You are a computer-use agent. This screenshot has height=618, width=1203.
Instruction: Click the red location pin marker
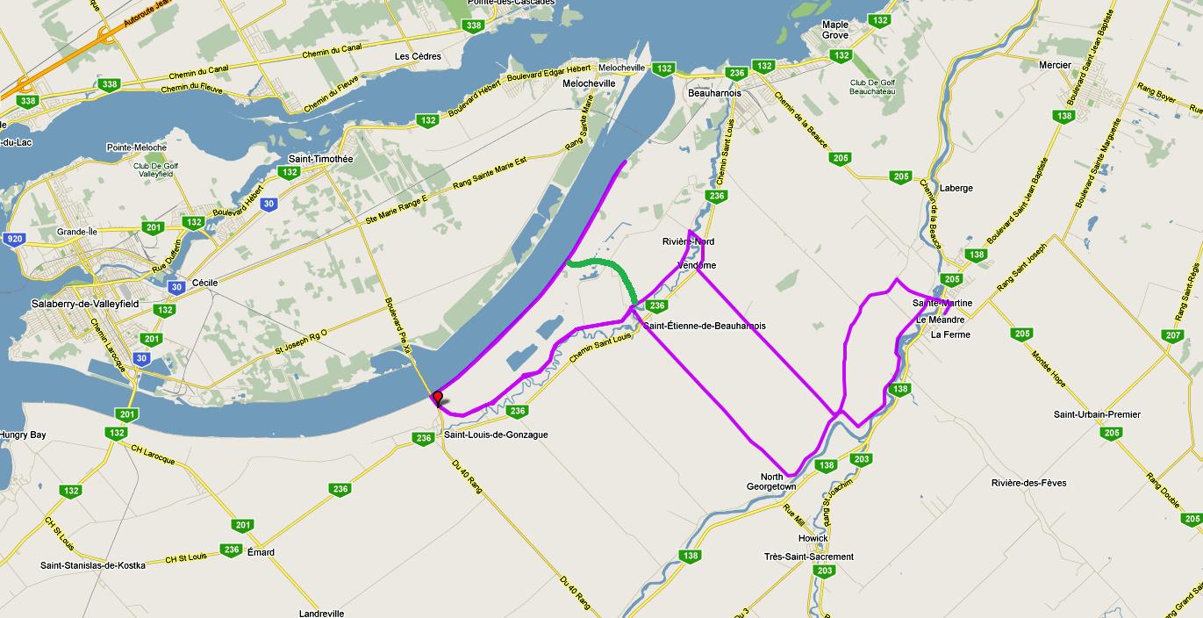[437, 398]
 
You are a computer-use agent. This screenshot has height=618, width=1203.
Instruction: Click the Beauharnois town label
[715, 92]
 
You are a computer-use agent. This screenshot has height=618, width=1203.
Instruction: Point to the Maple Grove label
[834, 30]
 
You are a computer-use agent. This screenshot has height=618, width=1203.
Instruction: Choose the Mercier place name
[1054, 65]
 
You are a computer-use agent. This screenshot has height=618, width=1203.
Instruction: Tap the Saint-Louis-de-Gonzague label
[496, 435]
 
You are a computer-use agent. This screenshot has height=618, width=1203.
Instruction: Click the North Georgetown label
[771, 481]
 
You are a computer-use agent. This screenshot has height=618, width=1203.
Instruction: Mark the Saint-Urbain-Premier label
[1095, 414]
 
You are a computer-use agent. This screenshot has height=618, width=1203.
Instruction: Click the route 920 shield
[13, 239]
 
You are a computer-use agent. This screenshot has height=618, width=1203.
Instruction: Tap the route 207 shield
[1171, 335]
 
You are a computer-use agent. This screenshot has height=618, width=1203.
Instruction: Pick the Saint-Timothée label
[320, 159]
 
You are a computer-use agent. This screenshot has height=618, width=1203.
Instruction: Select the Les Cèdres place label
[418, 56]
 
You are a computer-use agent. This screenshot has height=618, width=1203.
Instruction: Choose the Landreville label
[321, 613]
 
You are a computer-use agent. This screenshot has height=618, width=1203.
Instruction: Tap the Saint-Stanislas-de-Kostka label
[92, 565]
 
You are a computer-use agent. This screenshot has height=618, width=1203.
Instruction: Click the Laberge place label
[956, 188]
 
